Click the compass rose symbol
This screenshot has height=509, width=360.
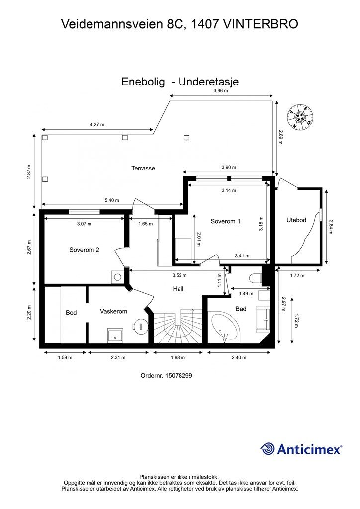300,117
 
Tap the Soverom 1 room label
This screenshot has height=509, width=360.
225,221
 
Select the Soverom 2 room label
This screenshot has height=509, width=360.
84,250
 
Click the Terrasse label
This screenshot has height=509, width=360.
143,168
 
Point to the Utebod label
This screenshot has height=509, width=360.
296,220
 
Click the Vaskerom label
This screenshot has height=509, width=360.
113,311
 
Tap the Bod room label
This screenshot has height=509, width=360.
71,313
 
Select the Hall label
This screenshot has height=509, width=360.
179,289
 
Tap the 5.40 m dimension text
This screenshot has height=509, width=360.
112,200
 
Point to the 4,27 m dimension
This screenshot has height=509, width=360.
97,125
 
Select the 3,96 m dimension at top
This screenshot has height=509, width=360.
220,91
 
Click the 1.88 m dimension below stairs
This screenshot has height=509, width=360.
178,357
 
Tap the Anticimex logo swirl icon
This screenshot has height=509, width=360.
268,449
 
